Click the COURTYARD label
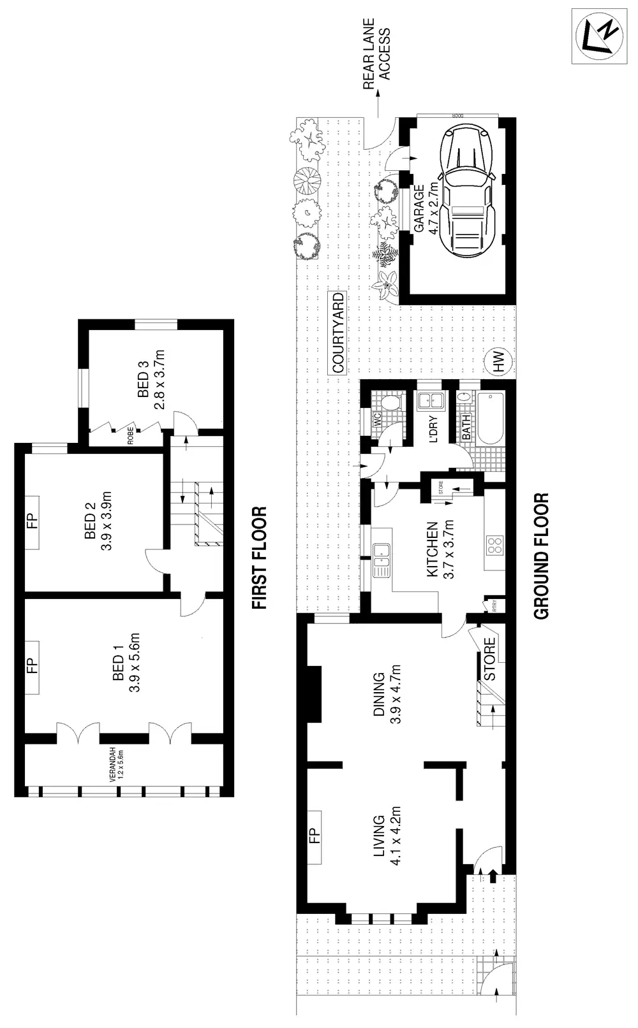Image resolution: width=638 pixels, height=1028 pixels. [338, 332]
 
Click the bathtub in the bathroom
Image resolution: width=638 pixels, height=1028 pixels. [490, 418]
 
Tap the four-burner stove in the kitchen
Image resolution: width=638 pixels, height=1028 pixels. [495, 545]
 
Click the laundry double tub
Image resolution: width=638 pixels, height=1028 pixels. [429, 400]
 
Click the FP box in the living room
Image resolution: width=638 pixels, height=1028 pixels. [314, 835]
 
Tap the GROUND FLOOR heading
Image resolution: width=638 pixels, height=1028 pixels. [541, 556]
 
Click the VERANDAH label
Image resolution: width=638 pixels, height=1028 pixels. [114, 765]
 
